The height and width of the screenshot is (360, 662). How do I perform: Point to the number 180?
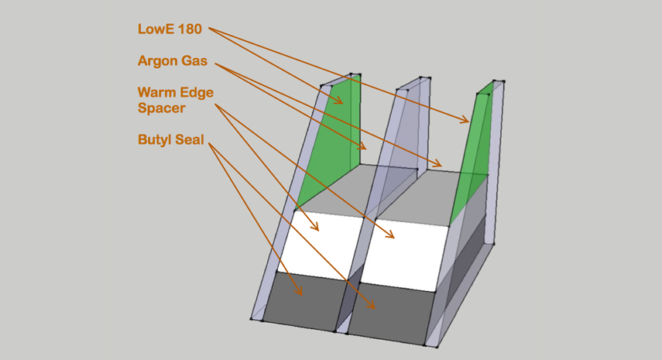190,29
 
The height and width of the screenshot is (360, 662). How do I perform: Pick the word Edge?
197,93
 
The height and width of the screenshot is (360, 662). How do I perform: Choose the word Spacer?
161,108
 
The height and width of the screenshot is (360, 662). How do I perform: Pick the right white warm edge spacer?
406,244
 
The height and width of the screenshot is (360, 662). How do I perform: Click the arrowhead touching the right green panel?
467,121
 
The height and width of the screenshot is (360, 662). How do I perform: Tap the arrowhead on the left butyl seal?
300,293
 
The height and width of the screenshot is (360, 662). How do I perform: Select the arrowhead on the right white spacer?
393,236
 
